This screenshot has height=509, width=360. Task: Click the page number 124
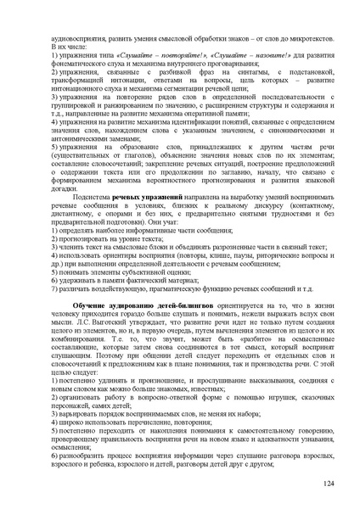click(x=329, y=482)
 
